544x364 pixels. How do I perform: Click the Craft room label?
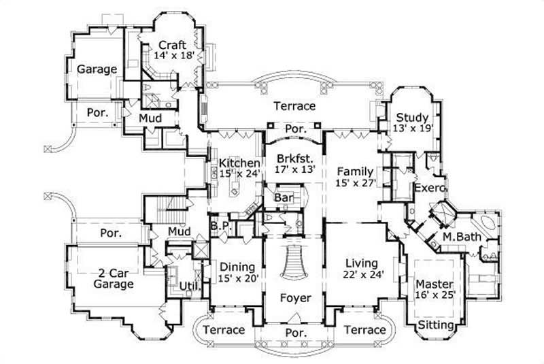173,46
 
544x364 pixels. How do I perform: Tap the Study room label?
412,116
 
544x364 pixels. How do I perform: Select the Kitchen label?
239,163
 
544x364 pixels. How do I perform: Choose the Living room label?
360,263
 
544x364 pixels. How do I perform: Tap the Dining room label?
237,267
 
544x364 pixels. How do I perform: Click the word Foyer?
295,298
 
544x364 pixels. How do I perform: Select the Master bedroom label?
435,283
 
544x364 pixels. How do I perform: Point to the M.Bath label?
458,236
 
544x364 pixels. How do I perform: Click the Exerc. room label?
430,187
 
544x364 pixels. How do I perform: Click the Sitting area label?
436,326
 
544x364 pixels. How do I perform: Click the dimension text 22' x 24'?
360,275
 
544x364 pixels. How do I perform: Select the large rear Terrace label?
294,106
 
